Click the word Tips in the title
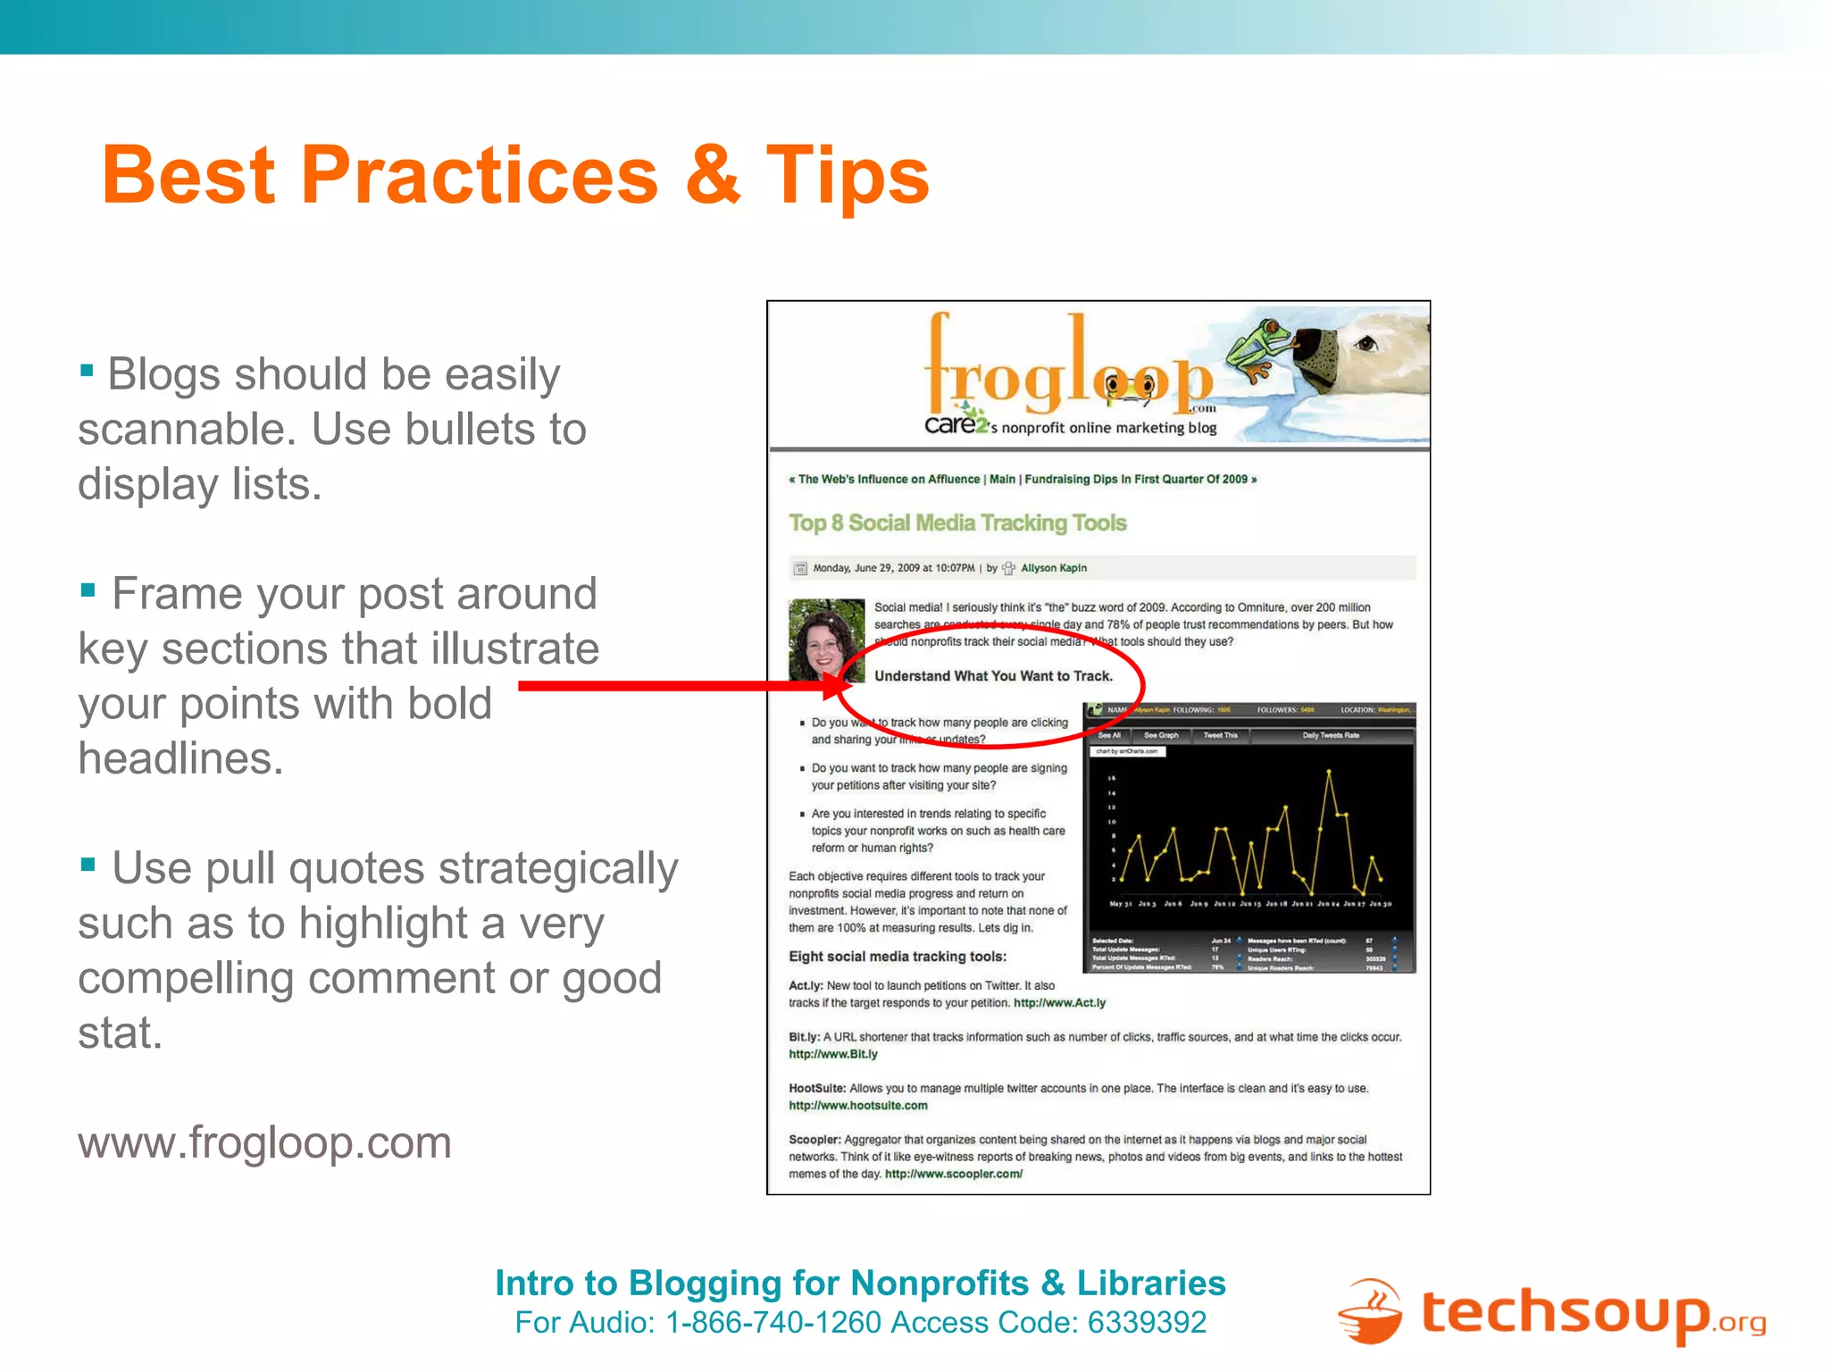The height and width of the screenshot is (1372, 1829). tap(847, 176)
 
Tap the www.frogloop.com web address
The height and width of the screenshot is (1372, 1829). tap(264, 1142)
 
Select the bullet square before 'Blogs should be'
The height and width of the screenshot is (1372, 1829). tap(87, 370)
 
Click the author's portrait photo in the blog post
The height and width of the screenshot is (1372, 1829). tap(826, 639)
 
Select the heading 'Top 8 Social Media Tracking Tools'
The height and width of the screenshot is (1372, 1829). tap(957, 523)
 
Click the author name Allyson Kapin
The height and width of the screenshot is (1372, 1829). tap(1054, 568)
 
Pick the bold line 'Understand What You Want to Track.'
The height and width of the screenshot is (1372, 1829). tap(993, 676)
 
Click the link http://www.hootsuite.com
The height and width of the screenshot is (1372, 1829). tap(858, 1106)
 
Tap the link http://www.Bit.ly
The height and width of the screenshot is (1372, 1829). tap(833, 1054)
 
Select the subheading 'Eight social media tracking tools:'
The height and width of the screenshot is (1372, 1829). tap(898, 957)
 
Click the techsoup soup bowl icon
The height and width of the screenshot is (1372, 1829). tap(1369, 1312)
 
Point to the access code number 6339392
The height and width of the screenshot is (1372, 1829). tap(1147, 1323)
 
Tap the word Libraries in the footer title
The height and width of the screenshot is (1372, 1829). tap(1151, 1284)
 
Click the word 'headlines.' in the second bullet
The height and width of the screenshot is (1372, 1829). tap(180, 759)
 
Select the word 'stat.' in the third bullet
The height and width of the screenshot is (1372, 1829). tap(120, 1033)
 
